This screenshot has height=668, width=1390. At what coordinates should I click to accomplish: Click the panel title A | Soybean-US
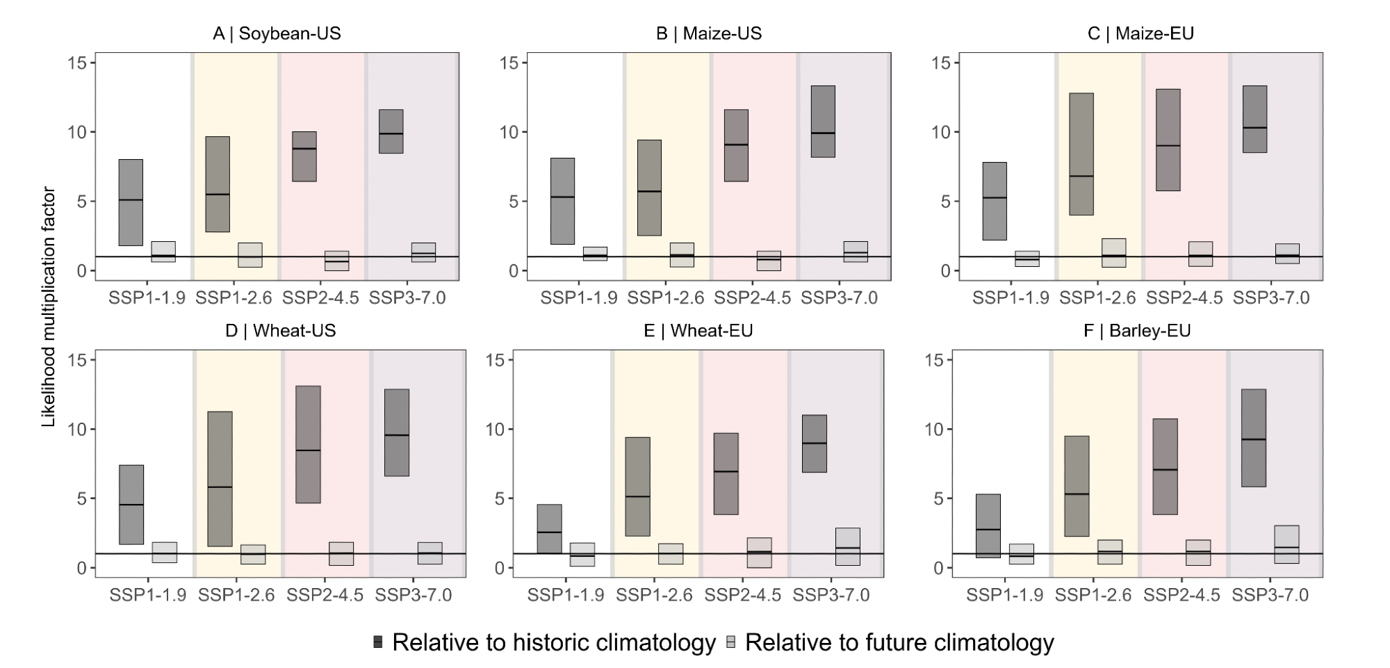tap(277, 33)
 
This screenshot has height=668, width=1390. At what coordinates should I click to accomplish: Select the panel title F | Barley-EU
tap(1137, 331)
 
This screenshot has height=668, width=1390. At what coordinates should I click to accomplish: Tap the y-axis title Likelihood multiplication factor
tap(49, 307)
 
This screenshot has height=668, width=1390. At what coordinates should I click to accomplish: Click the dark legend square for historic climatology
tap(378, 642)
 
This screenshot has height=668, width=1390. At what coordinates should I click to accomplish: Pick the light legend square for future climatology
tap(731, 642)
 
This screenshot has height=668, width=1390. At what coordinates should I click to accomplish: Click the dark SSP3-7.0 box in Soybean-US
tap(391, 131)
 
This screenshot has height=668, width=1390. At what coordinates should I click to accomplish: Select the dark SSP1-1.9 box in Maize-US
tap(562, 201)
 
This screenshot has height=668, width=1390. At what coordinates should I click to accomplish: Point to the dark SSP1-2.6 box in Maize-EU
tap(1081, 154)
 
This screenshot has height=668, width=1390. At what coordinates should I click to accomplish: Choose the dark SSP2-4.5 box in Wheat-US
tap(308, 444)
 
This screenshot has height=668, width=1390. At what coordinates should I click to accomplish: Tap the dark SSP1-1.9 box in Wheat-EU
tap(549, 529)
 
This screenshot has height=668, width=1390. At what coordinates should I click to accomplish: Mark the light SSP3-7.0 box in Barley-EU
tap(1287, 544)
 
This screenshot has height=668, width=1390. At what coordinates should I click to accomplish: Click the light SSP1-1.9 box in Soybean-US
tap(163, 252)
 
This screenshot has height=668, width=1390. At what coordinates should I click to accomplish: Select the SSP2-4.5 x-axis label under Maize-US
tap(752, 298)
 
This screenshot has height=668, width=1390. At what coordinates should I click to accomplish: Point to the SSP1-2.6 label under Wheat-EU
tap(654, 596)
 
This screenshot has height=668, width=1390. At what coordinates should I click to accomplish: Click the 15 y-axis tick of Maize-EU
tap(940, 63)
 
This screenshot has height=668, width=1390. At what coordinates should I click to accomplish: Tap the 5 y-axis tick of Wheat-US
tap(81, 498)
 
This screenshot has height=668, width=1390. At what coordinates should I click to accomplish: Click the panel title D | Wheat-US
tap(280, 331)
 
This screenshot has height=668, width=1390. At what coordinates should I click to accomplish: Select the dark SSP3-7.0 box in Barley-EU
tap(1254, 438)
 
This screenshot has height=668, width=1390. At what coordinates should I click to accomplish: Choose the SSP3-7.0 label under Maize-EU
tap(1270, 298)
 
